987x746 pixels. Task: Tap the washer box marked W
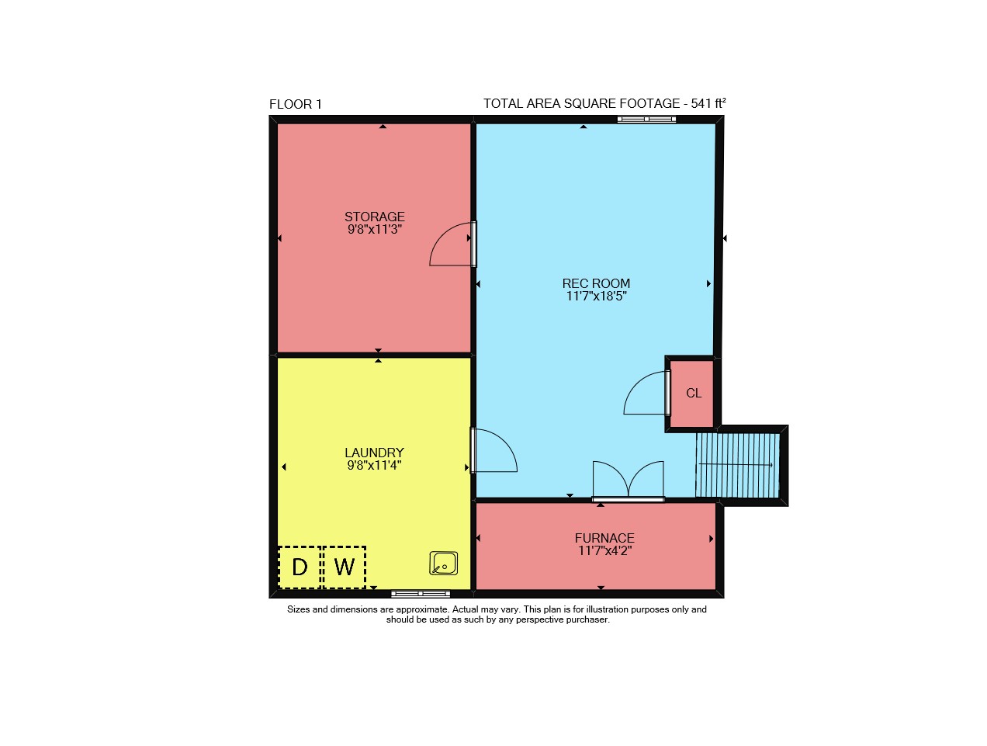tap(344, 567)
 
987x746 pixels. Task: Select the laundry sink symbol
tap(443, 563)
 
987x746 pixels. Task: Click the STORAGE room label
tap(375, 217)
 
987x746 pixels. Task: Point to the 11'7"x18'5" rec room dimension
tap(596, 297)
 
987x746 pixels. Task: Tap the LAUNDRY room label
tap(375, 453)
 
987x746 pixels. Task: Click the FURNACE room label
tap(604, 538)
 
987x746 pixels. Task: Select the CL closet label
tap(694, 394)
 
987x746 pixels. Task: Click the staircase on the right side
tap(737, 465)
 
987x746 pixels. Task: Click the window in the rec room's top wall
tap(646, 120)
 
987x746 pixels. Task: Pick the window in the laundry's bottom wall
tap(421, 594)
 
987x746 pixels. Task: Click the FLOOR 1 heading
tap(296, 104)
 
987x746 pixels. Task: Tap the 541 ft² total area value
tap(708, 103)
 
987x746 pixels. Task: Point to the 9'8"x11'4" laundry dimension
tap(375, 465)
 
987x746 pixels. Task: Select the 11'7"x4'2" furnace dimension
tap(604, 550)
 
